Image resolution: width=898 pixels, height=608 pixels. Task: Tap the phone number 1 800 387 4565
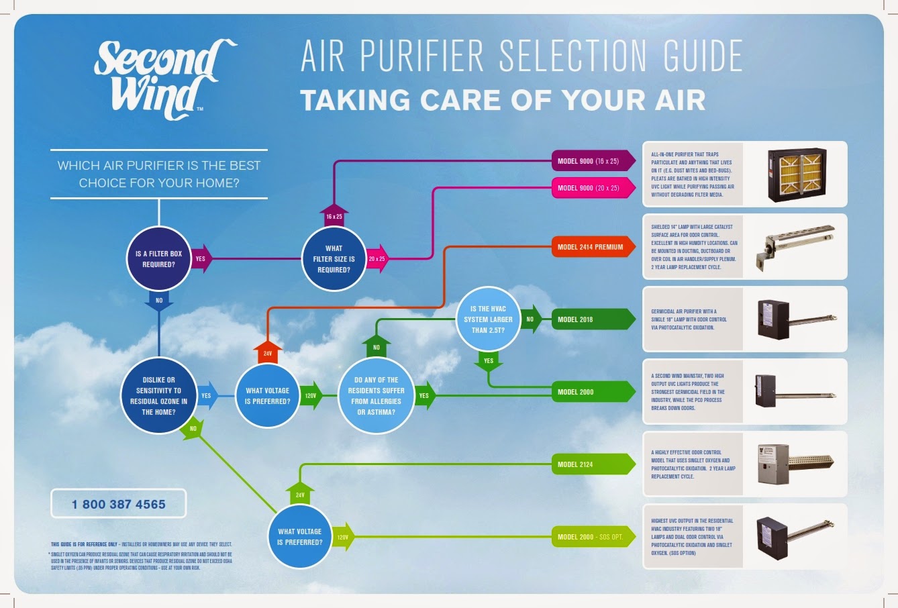(118, 504)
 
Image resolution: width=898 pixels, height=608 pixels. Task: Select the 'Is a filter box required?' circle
(159, 259)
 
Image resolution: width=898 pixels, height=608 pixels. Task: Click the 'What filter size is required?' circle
(334, 259)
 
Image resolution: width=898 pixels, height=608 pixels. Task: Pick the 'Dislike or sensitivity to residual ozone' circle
(158, 396)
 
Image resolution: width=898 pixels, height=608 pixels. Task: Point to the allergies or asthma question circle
(376, 396)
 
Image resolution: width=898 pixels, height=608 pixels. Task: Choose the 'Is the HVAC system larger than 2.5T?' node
(488, 319)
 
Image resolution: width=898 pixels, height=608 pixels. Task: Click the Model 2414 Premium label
(591, 247)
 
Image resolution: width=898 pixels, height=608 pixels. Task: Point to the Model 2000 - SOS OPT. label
(591, 537)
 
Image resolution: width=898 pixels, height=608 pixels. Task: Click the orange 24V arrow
(267, 351)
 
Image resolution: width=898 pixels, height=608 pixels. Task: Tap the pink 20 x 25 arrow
(377, 258)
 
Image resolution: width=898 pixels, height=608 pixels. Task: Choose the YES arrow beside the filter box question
(201, 258)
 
